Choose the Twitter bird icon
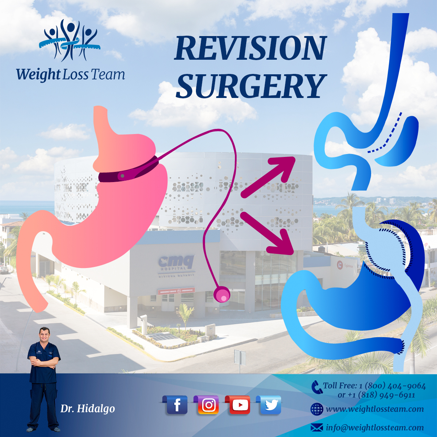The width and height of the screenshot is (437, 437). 270,405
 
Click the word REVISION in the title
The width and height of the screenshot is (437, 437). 251,48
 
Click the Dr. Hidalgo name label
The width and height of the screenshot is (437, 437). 87,409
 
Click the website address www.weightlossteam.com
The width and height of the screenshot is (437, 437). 375,409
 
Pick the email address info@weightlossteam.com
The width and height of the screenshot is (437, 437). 375,428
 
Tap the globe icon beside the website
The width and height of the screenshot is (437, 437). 316,409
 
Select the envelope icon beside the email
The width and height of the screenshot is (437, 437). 317,428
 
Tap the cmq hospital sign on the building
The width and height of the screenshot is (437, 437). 177,263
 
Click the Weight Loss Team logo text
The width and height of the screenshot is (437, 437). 70,75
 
